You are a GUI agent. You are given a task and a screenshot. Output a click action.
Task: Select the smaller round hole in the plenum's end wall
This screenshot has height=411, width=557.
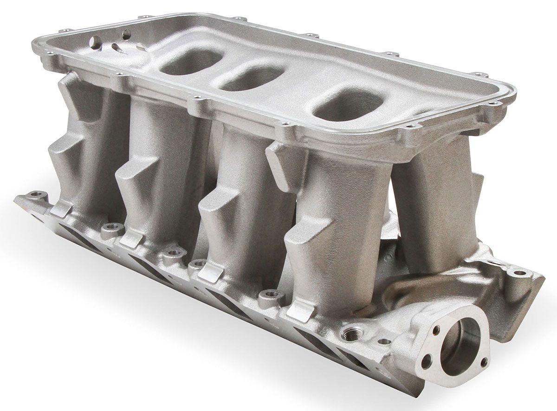pos(125,33)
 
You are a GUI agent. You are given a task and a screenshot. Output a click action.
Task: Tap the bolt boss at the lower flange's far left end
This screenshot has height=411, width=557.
pos(34,197)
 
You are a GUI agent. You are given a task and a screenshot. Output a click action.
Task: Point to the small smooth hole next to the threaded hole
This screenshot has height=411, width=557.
pos(384,341)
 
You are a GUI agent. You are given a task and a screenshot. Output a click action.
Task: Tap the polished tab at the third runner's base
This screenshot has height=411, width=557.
pos(210,273)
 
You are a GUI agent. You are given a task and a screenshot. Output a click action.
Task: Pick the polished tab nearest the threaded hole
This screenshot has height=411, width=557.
pos(298,309)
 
